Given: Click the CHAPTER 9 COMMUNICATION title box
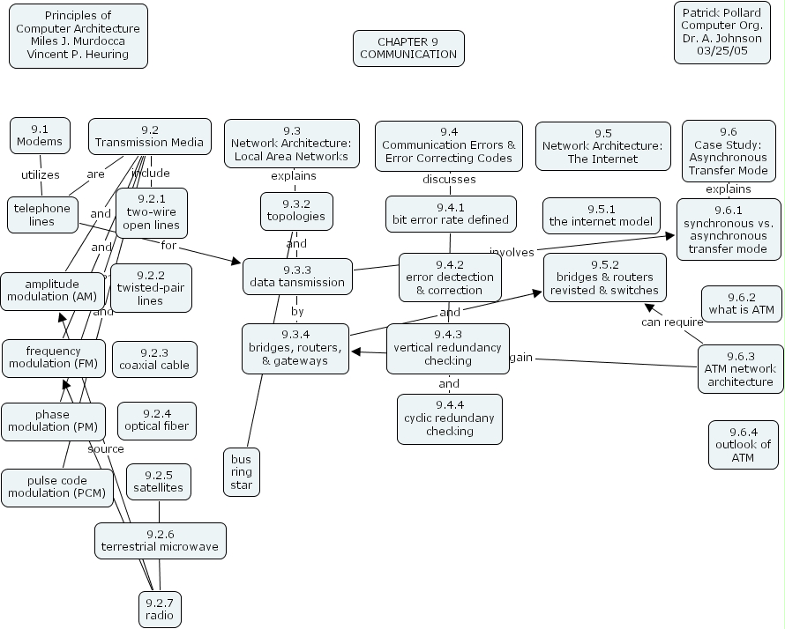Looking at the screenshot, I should tap(408, 48).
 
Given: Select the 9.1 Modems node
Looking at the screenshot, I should tap(40, 135).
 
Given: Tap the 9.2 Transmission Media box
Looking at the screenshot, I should tap(149, 136).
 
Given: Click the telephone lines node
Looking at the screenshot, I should tap(41, 215).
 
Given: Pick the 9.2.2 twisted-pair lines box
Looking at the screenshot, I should tap(150, 287).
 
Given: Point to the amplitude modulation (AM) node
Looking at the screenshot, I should tap(52, 291).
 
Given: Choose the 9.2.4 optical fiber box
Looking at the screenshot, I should tap(154, 419).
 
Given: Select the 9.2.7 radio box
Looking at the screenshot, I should tap(160, 609).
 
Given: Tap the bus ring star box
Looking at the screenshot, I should tap(242, 472).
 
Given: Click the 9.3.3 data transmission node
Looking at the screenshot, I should tap(297, 276).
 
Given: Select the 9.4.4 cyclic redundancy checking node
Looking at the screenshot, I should tap(449, 418).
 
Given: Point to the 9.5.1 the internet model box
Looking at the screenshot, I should tap(601, 216).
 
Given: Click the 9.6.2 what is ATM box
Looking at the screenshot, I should tap(741, 303).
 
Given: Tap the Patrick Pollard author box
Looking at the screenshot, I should tap(721, 33).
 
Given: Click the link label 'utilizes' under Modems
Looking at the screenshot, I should tap(40, 174).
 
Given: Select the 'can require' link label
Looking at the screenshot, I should tap(671, 322).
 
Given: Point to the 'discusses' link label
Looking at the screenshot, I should tap(449, 179).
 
